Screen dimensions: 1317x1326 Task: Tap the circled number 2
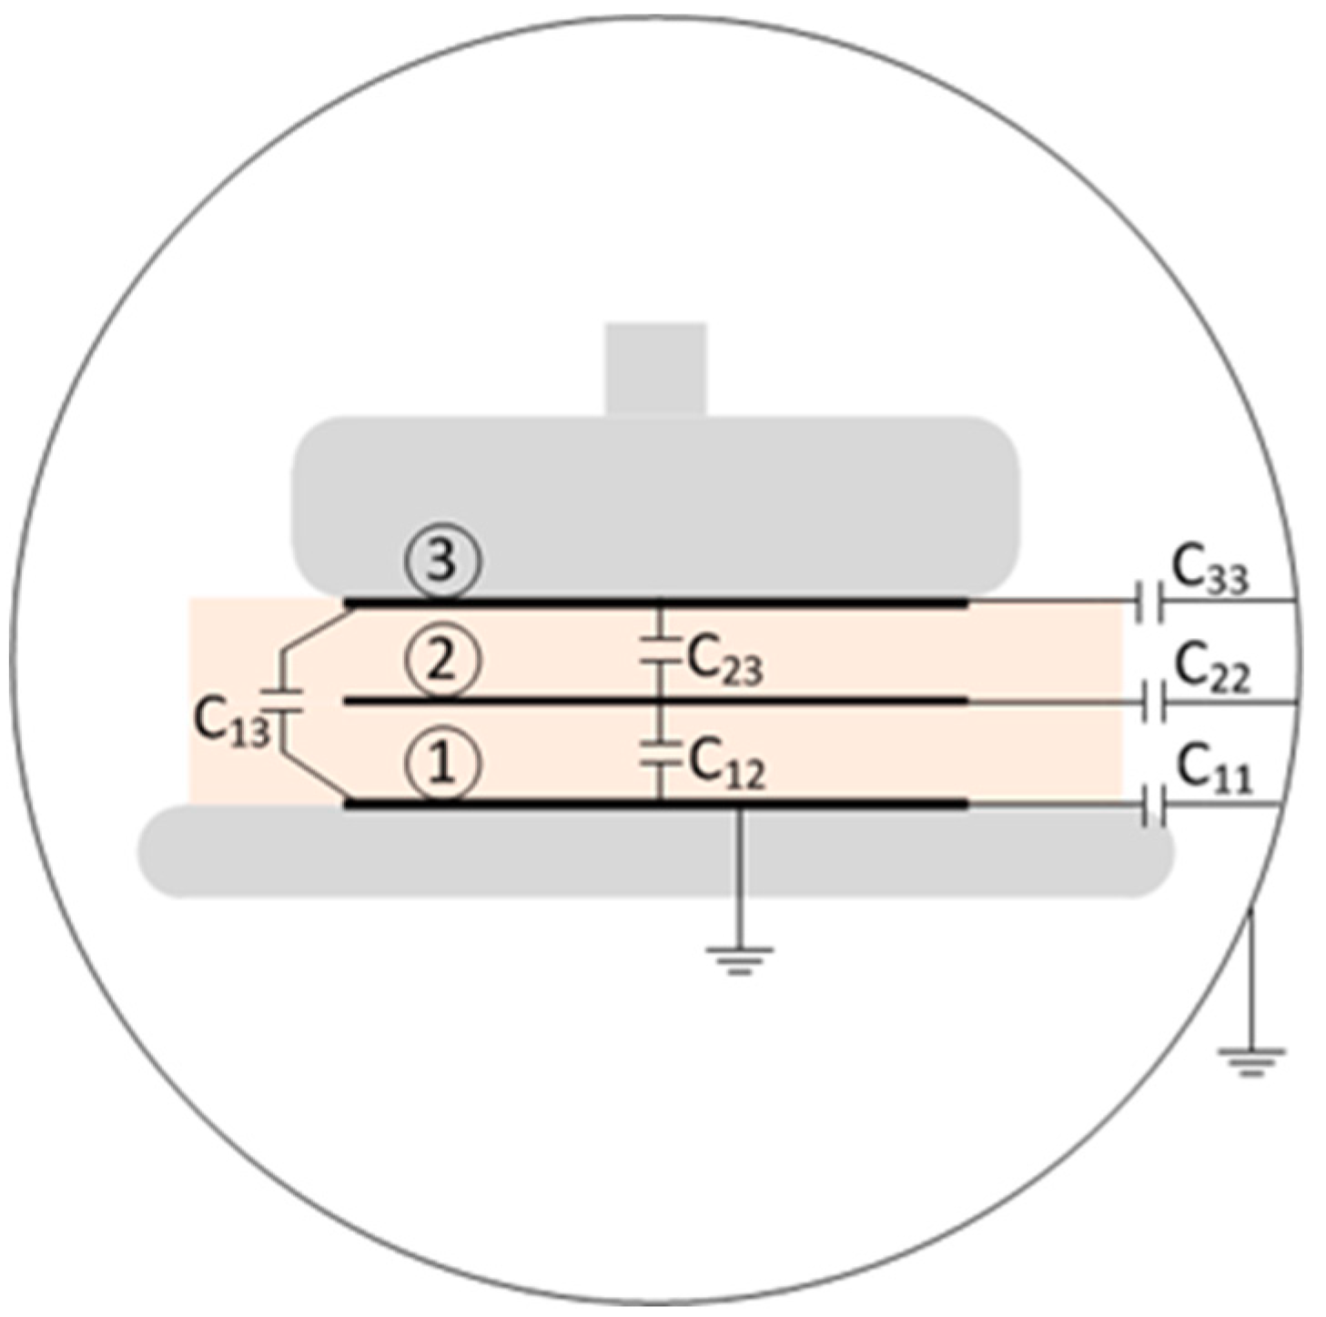tap(442, 662)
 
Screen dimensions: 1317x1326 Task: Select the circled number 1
tap(442, 764)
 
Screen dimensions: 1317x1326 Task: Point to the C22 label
tap(1211, 670)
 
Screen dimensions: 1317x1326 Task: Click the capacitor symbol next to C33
tap(1150, 602)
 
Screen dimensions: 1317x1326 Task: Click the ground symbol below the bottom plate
tap(739, 958)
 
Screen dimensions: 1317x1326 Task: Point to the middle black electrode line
tap(655, 701)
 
